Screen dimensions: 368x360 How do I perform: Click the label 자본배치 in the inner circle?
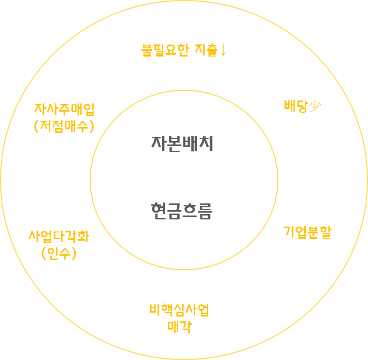(x=182, y=144)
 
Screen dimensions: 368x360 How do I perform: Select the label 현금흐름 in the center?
(x=181, y=211)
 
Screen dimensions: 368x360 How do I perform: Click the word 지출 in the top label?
(x=206, y=50)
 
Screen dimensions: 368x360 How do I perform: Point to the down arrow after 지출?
(x=223, y=50)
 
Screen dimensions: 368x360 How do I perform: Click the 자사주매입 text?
(x=64, y=109)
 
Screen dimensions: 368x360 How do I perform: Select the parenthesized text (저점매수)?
(x=64, y=126)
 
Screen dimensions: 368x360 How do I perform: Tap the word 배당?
(x=296, y=106)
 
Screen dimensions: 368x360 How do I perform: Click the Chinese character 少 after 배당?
(x=315, y=106)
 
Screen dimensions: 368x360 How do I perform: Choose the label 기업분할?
(x=308, y=232)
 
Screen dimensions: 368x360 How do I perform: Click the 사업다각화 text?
(x=59, y=236)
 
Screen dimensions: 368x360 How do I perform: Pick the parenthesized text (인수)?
(x=59, y=253)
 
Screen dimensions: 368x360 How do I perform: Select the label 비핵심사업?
(x=179, y=310)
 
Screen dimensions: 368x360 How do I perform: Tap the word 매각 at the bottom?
(x=179, y=327)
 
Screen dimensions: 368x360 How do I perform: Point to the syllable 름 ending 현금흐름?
(x=205, y=211)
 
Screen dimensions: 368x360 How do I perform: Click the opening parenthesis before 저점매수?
(x=37, y=126)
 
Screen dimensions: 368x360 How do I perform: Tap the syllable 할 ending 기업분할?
(x=326, y=232)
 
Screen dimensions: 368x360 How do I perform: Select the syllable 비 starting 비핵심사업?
(x=155, y=310)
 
